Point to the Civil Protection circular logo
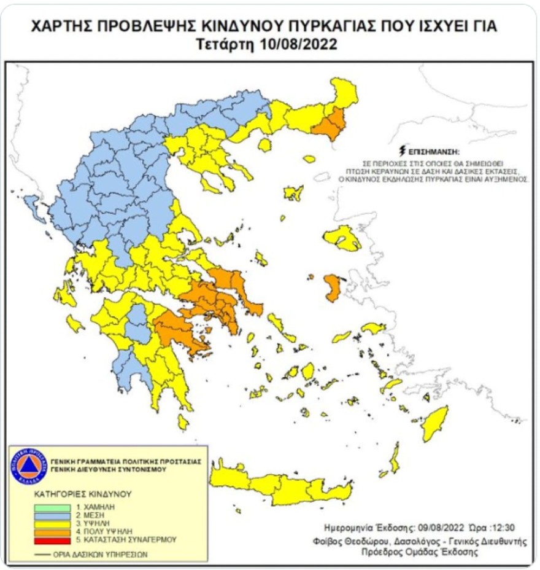(29, 466)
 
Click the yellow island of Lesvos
(344, 238)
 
